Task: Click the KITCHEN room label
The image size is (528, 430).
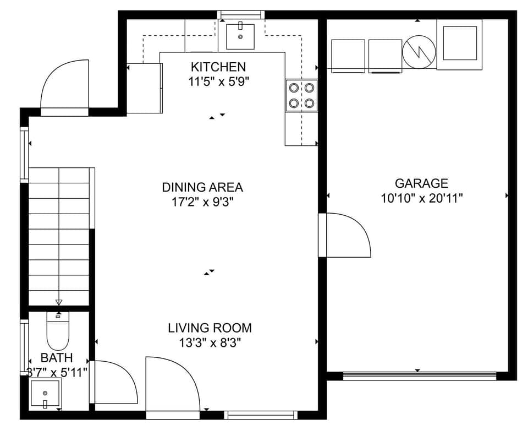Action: [218, 67]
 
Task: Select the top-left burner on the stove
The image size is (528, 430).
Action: [294, 87]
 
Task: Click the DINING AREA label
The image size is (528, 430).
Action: [202, 187]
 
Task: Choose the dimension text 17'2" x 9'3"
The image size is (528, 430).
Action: [202, 202]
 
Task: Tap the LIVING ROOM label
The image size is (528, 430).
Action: [210, 328]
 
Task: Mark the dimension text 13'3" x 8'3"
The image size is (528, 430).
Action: [210, 343]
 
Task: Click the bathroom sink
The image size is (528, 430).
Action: [45, 395]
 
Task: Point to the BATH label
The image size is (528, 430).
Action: [56, 358]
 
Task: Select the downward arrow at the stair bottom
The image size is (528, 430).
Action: [59, 301]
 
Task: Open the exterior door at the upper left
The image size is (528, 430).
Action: [65, 88]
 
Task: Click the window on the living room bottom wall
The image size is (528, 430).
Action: [261, 415]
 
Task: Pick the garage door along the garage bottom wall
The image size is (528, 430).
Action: [420, 376]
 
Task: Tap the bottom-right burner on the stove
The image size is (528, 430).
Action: [309, 102]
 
